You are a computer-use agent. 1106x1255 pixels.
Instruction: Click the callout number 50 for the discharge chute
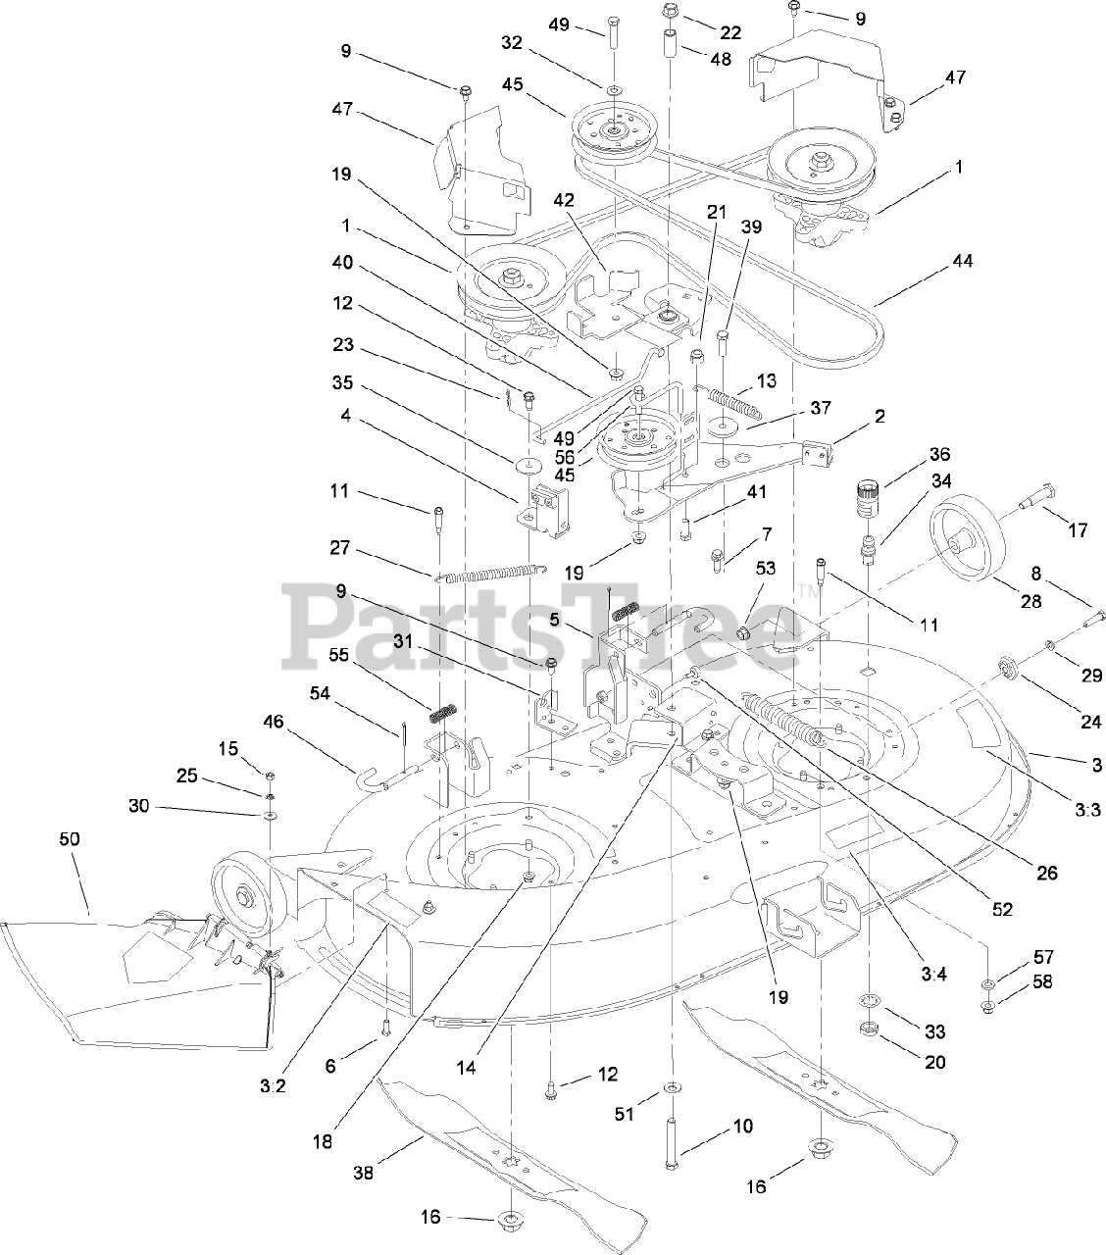70,839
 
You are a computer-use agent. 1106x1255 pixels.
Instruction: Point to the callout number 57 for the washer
1042,956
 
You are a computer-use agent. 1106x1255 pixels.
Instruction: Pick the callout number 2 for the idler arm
880,416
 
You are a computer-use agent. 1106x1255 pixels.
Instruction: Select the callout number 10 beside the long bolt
743,1127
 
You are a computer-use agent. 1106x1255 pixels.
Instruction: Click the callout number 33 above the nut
933,1031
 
